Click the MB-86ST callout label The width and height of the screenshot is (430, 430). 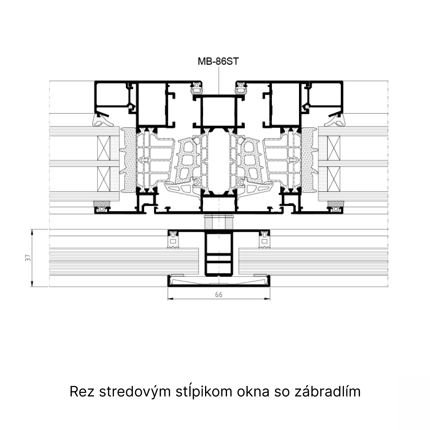tap(218, 61)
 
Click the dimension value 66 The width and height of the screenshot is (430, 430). tap(219, 295)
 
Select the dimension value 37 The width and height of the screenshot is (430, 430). tap(28, 258)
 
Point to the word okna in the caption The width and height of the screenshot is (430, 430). tap(253, 391)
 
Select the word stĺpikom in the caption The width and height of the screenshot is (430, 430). tap(204, 391)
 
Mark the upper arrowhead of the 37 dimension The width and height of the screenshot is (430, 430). tap(32, 232)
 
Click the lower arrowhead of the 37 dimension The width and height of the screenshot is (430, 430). tap(32, 284)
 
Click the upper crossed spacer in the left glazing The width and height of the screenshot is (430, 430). tap(104, 148)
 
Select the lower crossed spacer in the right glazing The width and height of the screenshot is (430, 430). tap(334, 179)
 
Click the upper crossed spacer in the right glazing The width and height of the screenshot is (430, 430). tap(334, 148)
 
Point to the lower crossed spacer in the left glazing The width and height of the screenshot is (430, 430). tap(104, 179)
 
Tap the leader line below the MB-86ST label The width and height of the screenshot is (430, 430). tap(219, 80)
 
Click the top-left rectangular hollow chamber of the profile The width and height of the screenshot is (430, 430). tap(111, 94)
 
